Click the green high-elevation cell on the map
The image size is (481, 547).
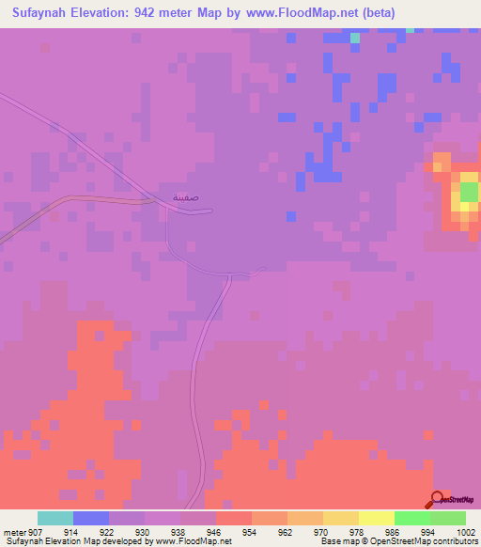point(469,193)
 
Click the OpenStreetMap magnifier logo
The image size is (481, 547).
point(438,501)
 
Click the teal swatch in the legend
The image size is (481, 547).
point(55,518)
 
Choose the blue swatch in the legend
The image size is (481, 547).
point(91,518)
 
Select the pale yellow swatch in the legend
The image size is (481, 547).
point(377,518)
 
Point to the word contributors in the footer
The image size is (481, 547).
point(451,542)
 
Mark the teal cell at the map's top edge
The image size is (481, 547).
point(355,38)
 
